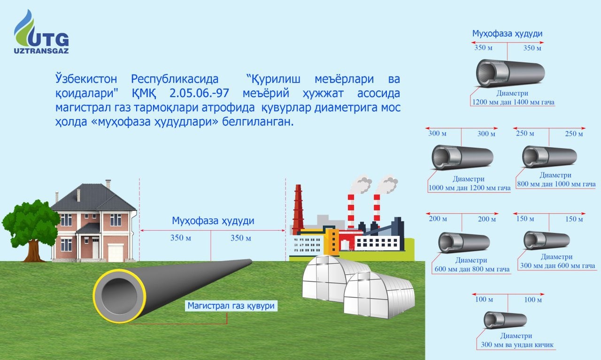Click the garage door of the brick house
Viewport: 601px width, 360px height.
pyautogui.click(x=116, y=252)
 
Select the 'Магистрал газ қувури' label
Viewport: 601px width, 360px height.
pyautogui.click(x=231, y=306)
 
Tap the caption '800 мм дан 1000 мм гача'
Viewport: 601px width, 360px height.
pyautogui.click(x=556, y=184)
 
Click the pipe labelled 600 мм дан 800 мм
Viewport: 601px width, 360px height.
pyautogui.click(x=464, y=242)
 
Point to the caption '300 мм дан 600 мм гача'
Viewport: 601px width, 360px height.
pyautogui.click(x=557, y=265)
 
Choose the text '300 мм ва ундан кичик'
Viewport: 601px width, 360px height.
pyautogui.click(x=517, y=345)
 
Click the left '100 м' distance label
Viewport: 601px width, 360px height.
pyautogui.click(x=484, y=299)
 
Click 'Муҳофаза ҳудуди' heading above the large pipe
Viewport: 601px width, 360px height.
pyautogui.click(x=213, y=220)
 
